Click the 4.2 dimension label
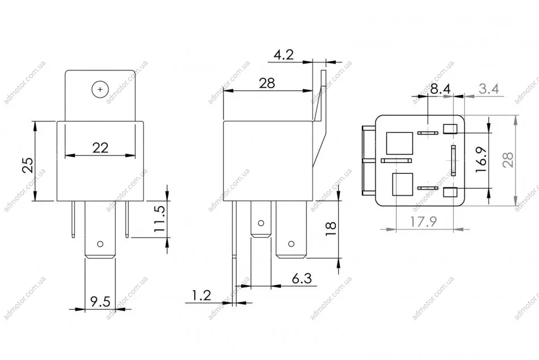(x=284, y=55)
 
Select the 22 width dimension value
(x=100, y=148)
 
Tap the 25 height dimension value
(x=28, y=165)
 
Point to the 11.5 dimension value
(x=160, y=219)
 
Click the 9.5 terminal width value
(x=100, y=302)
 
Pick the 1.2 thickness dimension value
(x=201, y=295)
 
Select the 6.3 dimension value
(x=302, y=278)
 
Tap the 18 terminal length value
(x=331, y=228)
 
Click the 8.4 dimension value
(x=440, y=89)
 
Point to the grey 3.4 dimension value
(x=489, y=89)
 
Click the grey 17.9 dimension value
(x=423, y=221)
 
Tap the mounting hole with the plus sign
(x=100, y=90)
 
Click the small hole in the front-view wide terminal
(x=100, y=244)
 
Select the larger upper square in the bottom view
(x=399, y=143)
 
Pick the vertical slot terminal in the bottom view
(x=453, y=160)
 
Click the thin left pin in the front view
(x=74, y=219)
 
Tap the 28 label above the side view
(x=267, y=83)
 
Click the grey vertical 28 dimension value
(x=508, y=160)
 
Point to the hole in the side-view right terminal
(x=291, y=244)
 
